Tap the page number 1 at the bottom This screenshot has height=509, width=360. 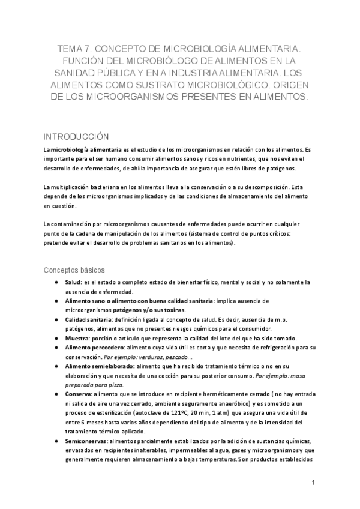(x=313, y=483)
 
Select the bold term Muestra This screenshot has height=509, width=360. (x=77, y=338)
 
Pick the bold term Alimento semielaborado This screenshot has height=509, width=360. (x=100, y=366)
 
